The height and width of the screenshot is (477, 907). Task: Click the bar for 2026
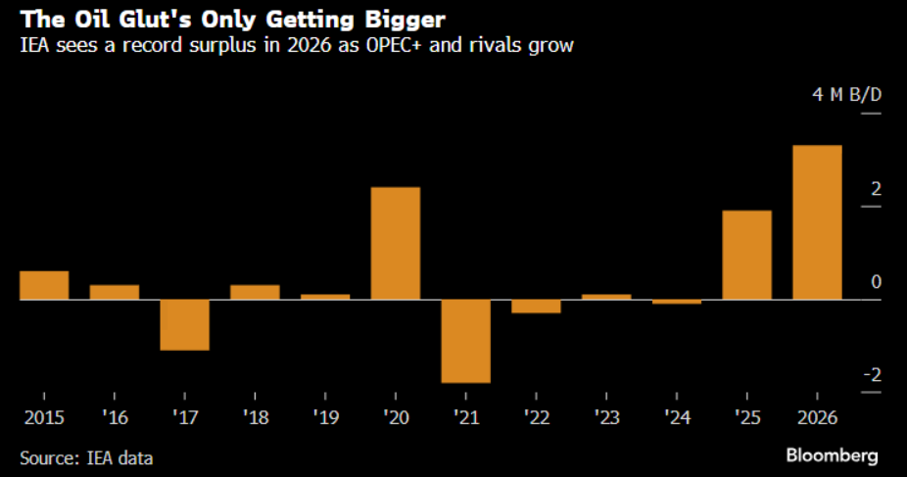point(817,222)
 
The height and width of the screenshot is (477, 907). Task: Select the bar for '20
point(396,243)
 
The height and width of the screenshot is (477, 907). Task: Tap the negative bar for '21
point(466,340)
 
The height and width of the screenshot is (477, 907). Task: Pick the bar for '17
point(185,324)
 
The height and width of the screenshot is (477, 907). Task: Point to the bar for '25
point(746,255)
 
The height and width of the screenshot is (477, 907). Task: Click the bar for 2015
point(44,285)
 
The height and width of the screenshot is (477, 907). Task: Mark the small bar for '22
point(536,306)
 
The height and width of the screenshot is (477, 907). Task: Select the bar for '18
point(255,292)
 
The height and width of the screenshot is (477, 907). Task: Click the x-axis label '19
point(325,418)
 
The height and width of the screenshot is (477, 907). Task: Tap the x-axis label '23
point(605,418)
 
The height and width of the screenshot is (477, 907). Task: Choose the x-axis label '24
point(676,418)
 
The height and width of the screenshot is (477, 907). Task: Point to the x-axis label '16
point(114,418)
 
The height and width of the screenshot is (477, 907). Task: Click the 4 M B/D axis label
point(845,95)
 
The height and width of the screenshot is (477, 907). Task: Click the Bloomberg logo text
point(832,455)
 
